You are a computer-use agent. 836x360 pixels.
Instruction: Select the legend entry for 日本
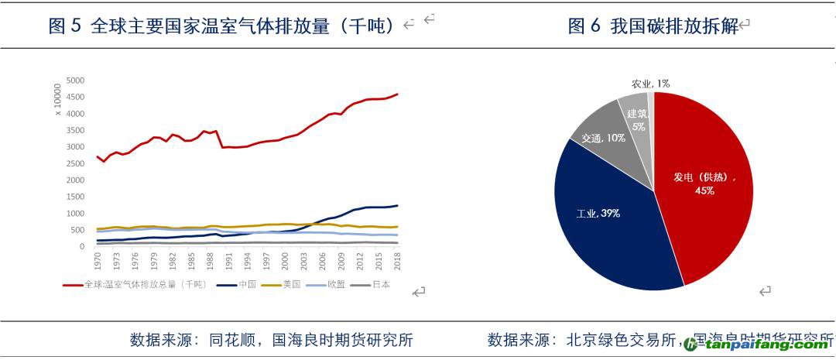371,284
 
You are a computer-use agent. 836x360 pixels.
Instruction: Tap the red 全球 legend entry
135,284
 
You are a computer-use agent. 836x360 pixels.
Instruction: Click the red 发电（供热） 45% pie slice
704,186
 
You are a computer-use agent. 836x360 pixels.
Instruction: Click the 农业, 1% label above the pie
650,83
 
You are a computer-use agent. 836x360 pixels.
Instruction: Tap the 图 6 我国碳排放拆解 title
652,26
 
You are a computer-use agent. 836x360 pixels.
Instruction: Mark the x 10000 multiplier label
58,101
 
